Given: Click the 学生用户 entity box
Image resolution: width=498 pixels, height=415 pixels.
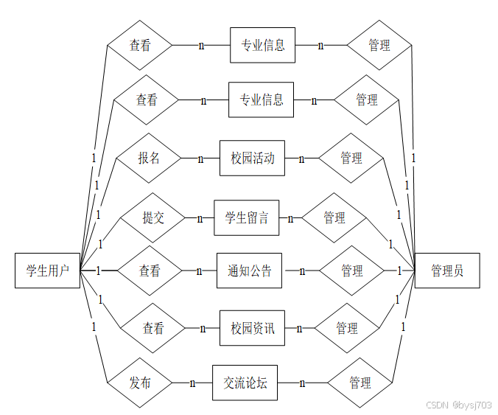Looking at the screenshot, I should [x=47, y=271].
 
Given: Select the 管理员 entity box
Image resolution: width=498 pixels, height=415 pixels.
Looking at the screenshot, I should [x=447, y=271].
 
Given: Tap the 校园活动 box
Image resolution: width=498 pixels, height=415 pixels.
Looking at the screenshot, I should [x=252, y=158].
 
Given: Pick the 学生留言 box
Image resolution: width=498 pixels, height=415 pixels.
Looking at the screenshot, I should [x=247, y=217].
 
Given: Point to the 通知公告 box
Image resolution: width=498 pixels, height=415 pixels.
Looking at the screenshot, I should [x=249, y=271].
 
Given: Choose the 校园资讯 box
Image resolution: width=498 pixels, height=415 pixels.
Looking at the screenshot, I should [x=252, y=328].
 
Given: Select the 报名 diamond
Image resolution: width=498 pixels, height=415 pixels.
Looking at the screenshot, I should [x=148, y=158].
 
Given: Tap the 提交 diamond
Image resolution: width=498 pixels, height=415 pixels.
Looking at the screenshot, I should [x=153, y=217].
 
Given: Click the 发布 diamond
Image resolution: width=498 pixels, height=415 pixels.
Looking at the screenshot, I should [x=140, y=383].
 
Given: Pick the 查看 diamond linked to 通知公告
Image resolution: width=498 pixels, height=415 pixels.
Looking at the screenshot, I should [x=150, y=271].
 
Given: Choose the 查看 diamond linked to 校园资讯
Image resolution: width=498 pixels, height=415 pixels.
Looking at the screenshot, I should [x=153, y=328].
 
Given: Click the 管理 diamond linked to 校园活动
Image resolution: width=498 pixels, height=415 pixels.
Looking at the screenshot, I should [x=351, y=158].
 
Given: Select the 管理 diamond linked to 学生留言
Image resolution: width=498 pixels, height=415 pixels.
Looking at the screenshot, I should [x=334, y=217].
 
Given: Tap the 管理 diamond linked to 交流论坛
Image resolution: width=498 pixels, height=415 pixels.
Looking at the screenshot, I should [x=360, y=383].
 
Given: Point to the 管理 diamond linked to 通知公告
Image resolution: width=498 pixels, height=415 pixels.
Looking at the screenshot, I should [x=351, y=271].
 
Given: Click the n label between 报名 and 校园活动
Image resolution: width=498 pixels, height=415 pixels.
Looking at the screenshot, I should [x=200, y=158].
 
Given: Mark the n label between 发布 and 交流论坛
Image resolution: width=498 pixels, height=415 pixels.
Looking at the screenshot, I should [x=192, y=383].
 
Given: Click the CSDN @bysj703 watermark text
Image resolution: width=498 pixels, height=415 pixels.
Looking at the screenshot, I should [x=459, y=405].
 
